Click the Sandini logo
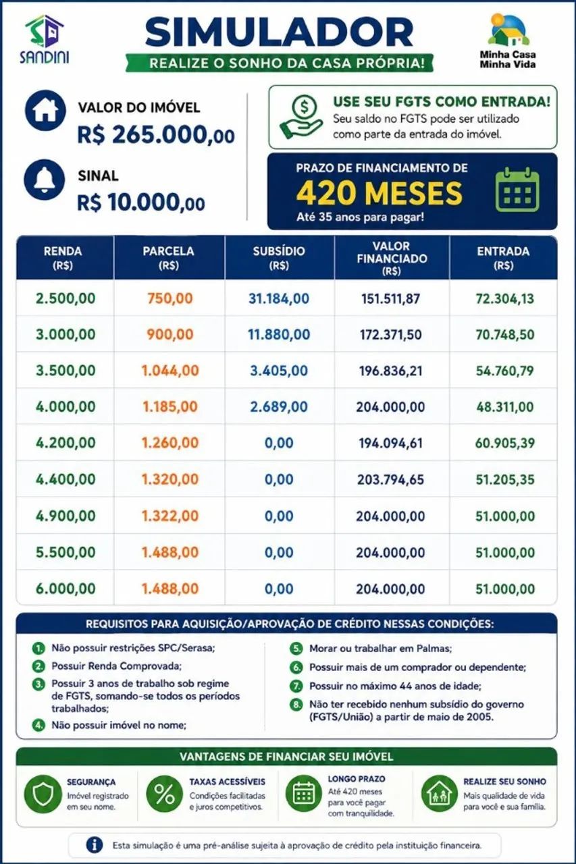coord(45,39)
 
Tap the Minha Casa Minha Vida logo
coord(508,41)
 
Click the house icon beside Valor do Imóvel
coord(45,110)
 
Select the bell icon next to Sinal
coord(45,180)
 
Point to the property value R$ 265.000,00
coord(156,135)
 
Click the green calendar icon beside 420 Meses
coord(517,190)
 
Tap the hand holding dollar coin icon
coord(301,117)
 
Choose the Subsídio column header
coord(279,258)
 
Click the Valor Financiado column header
coord(392,258)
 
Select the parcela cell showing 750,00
coord(169,298)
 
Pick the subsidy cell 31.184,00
coord(279,298)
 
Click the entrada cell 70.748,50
coord(504,334)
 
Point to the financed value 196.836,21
coord(390,371)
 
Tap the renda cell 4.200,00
coord(66,443)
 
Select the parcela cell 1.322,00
coord(169,516)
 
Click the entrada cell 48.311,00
coord(504,406)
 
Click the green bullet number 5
coord(296,649)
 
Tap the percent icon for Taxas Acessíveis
coord(164,794)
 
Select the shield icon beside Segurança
coord(43,794)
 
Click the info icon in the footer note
coord(95,845)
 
